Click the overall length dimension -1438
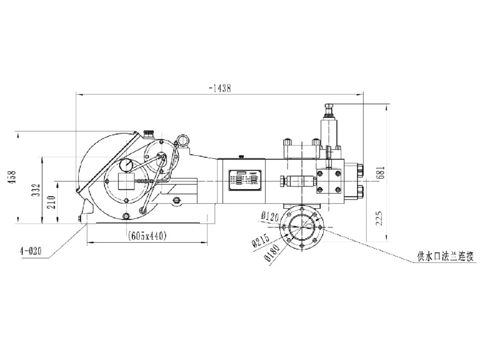coord(220,88)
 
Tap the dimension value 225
coord(380,218)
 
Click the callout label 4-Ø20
coord(31,251)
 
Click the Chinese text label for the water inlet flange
coord(445,257)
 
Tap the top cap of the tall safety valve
coord(330,106)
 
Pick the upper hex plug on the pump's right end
coord(361,169)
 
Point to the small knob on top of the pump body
coord(241,156)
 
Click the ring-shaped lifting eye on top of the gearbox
coord(183,140)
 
